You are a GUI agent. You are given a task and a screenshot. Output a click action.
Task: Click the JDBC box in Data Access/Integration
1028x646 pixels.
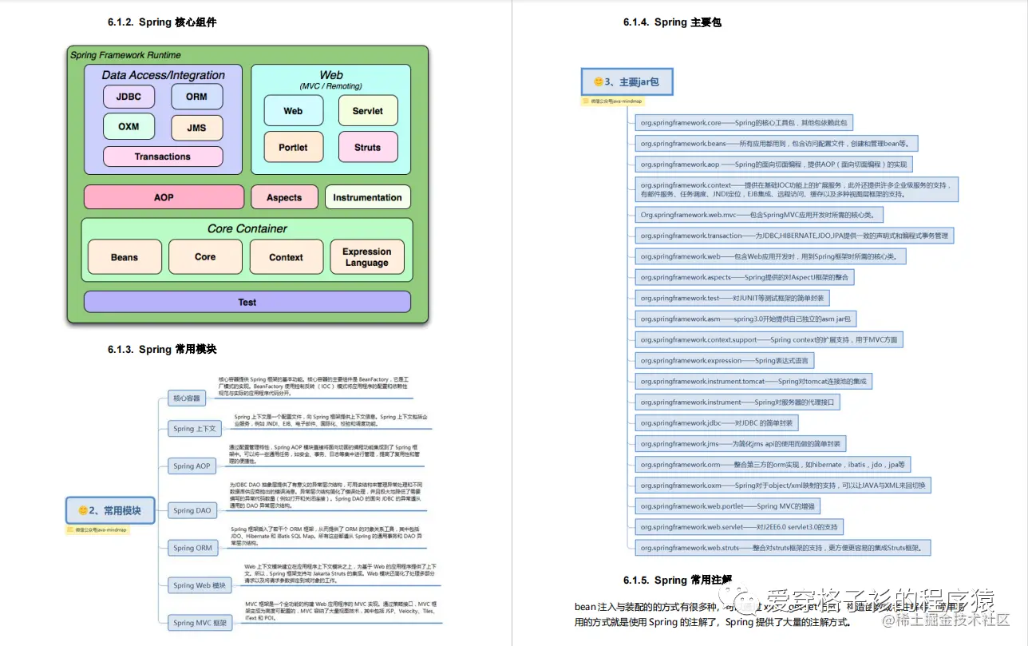(x=128, y=97)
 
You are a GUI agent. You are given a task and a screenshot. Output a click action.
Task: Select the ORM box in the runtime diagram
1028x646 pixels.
(x=196, y=97)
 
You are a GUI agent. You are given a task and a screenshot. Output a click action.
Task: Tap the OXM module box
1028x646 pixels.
(x=128, y=126)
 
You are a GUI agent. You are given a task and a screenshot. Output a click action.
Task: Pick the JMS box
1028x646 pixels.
(x=196, y=127)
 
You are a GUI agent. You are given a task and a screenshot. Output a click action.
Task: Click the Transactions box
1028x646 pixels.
(x=163, y=157)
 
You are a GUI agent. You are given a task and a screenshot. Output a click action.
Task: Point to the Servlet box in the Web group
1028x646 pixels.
(x=367, y=111)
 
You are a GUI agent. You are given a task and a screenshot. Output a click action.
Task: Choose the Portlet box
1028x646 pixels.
(x=293, y=147)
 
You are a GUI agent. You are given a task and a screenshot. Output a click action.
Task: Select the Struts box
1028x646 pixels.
(x=367, y=147)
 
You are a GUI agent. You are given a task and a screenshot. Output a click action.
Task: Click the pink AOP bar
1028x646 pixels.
(x=164, y=197)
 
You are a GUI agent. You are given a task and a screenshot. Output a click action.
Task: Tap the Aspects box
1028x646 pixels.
(x=284, y=197)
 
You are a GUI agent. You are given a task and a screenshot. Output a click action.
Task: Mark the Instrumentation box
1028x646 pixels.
(x=367, y=197)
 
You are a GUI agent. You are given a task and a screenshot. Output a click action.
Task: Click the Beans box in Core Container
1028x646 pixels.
(x=125, y=257)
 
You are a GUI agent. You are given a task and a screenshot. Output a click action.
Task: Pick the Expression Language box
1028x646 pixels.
(x=366, y=257)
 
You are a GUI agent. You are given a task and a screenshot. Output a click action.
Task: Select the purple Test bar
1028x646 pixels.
(x=247, y=302)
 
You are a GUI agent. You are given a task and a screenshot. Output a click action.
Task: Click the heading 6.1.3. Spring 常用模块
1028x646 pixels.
(x=162, y=349)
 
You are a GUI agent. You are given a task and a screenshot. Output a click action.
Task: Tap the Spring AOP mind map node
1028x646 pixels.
(x=192, y=466)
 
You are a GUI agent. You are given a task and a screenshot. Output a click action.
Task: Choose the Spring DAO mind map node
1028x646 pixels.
(x=192, y=510)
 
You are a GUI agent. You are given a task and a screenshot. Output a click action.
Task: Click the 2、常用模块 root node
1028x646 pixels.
(x=109, y=510)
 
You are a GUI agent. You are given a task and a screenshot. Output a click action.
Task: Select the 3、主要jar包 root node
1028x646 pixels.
(x=626, y=81)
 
